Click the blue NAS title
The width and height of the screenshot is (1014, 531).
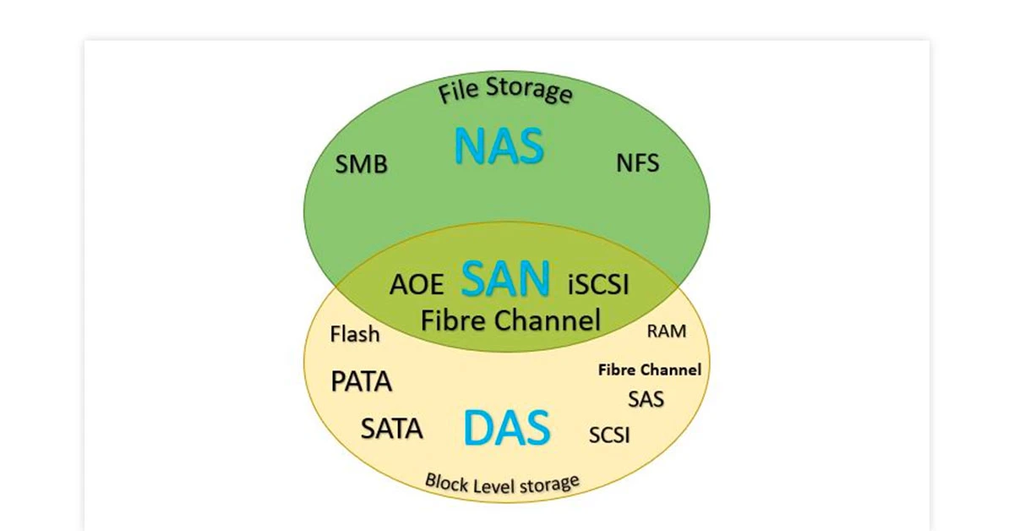click(x=499, y=145)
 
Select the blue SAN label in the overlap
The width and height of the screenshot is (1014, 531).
click(x=506, y=279)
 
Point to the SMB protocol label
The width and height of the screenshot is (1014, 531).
click(x=362, y=164)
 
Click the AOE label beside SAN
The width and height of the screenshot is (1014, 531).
click(x=417, y=284)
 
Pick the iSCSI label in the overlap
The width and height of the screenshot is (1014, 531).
click(x=598, y=284)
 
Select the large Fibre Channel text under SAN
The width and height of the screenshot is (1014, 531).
click(x=510, y=320)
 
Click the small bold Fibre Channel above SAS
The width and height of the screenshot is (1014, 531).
click(x=649, y=370)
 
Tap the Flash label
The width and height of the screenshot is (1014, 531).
click(x=355, y=335)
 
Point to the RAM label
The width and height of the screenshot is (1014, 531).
click(x=667, y=331)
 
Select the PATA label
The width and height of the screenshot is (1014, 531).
click(x=361, y=381)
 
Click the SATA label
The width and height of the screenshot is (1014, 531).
click(x=391, y=429)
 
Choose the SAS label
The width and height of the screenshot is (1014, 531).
click(x=646, y=398)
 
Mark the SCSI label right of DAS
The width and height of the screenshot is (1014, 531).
click(x=609, y=435)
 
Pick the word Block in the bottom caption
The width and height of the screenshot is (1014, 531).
click(x=446, y=483)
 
